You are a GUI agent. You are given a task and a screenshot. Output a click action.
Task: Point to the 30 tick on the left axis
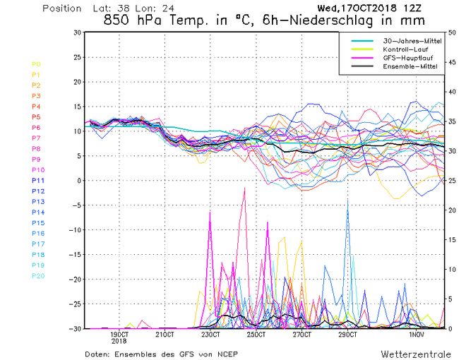coord(77,32)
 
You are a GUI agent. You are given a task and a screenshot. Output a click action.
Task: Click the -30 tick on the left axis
coord(74,328)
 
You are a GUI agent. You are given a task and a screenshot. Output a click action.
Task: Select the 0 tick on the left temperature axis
coord(78,181)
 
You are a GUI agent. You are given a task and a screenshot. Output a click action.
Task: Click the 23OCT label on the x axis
coord(211,335)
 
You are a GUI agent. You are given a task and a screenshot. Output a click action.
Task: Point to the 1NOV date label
coord(418,335)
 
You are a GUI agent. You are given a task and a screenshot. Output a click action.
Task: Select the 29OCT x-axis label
coord(349,335)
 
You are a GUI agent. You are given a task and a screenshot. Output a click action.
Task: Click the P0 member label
coord(37,64)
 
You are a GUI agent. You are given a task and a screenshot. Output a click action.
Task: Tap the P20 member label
coord(37,276)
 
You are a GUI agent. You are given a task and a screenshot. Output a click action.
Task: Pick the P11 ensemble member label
coord(37,181)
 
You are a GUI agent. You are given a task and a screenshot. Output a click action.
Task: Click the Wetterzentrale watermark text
coord(412,352)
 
